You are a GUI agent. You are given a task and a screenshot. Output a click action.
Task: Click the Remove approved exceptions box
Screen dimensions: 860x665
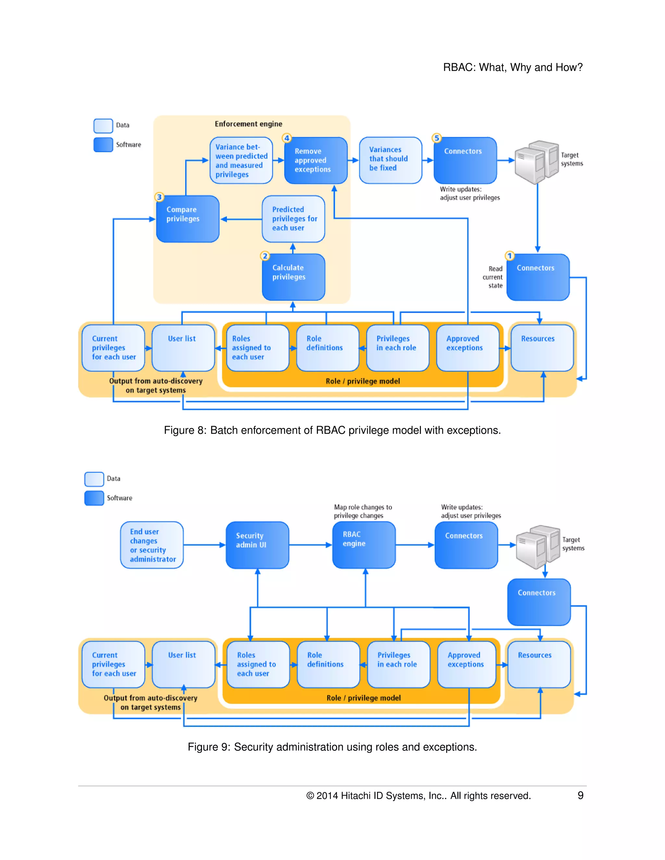coord(316,160)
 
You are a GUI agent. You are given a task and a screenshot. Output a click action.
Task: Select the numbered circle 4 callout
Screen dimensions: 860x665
coord(287,138)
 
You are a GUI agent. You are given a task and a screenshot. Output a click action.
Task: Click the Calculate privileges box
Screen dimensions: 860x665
coord(294,277)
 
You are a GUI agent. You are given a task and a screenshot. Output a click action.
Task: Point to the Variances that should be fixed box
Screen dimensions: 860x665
coord(390,160)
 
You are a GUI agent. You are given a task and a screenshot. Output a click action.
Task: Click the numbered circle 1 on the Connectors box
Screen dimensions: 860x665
coord(509,256)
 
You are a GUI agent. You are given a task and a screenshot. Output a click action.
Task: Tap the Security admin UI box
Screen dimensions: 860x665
coord(257,545)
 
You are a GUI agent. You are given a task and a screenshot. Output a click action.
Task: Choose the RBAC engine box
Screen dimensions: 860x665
coord(364,545)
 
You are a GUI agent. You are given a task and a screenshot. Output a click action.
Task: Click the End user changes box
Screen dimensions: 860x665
coord(152,545)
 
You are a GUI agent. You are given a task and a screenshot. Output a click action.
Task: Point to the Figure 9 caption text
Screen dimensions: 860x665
coord(332,747)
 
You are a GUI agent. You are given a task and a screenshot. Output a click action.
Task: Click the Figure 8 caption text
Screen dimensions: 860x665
coord(332,430)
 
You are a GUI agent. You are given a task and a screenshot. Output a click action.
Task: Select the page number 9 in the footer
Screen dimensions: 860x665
coord(580,795)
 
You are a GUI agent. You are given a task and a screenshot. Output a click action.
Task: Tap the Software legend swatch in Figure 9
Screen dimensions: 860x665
coord(94,498)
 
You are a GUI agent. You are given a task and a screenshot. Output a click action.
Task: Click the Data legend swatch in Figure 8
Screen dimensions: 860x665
coord(103,126)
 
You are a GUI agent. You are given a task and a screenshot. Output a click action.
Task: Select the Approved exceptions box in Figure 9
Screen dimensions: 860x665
coord(467,664)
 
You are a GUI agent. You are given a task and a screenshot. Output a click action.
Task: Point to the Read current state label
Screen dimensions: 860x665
coord(493,277)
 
